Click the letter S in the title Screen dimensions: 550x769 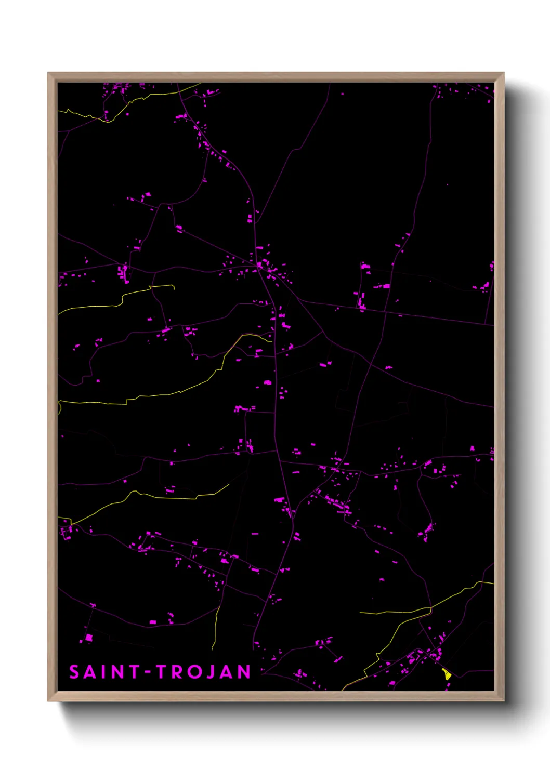coord(74,672)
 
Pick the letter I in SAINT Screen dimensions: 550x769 coord(104,672)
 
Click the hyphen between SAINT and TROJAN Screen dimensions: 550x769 coord(148,672)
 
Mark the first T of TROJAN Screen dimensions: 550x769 coord(162,672)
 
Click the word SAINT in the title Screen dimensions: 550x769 coord(104,672)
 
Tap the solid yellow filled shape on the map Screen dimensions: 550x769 coord(446,674)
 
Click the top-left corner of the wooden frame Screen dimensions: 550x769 coord(48,73)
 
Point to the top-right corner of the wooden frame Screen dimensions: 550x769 coord(503,73)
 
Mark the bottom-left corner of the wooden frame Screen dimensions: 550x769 coord(48,700)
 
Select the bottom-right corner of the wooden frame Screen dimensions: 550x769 coord(503,700)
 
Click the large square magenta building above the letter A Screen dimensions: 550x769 coord(89,638)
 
